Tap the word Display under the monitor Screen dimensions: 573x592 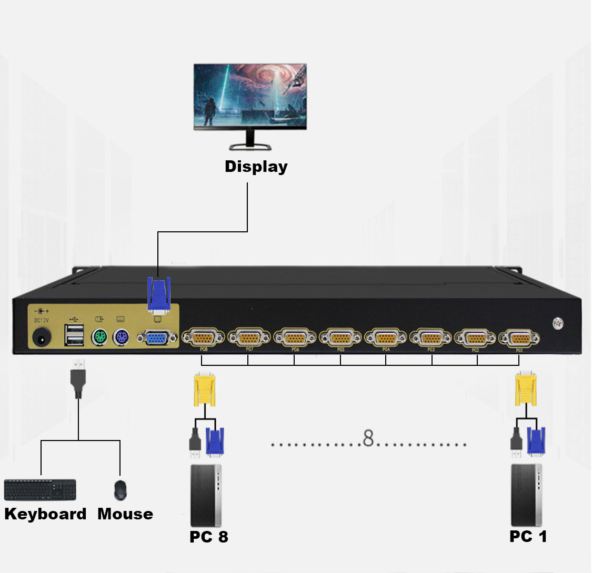(256, 167)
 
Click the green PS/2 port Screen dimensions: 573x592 (99, 336)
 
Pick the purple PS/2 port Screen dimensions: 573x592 (121, 336)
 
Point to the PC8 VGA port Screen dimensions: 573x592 (203, 337)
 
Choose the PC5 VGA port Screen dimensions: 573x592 (340, 337)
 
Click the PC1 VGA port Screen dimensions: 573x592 (519, 337)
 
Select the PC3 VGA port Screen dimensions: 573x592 (430, 337)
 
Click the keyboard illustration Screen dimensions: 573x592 (40, 490)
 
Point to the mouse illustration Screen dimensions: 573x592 (121, 490)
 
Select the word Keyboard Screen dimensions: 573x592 (45, 514)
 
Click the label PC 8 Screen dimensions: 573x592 (209, 537)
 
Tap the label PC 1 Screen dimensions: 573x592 (528, 537)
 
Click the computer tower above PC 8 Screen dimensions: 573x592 (206, 495)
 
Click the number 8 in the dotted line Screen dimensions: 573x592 (368, 438)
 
